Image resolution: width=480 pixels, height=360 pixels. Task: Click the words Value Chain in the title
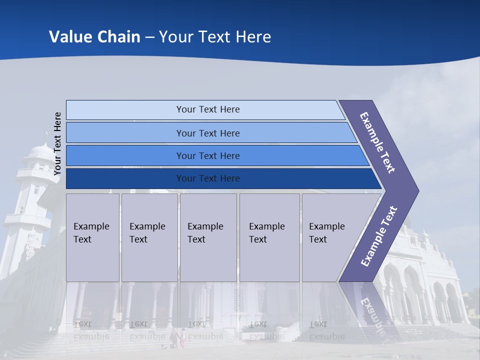94,36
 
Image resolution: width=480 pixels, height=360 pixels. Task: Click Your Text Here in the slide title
215,36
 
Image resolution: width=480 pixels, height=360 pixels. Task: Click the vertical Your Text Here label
57,143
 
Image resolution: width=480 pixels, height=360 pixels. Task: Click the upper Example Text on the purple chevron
377,142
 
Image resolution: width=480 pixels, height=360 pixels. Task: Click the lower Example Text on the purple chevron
378,236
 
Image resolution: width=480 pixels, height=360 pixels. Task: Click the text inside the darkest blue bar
208,178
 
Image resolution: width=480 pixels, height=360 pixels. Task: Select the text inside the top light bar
208,109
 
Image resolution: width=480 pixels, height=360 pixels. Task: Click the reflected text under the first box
91,330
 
